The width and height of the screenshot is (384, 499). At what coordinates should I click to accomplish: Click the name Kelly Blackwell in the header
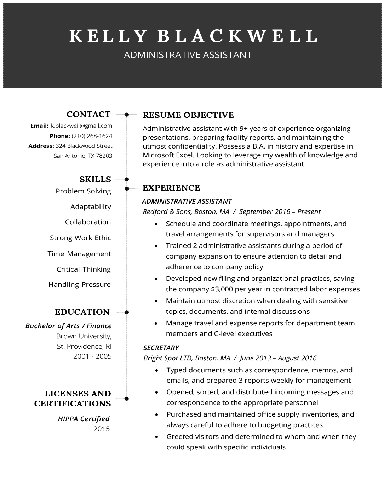coord(193,36)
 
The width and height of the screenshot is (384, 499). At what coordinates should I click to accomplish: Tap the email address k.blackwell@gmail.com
coord(81,126)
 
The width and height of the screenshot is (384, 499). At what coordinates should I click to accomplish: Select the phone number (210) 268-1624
coord(92,136)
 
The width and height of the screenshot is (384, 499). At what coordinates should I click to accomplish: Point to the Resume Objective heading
coord(188,115)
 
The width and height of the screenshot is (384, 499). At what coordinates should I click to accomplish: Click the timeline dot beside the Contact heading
coord(127,114)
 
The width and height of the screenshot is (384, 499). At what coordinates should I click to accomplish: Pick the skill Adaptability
coord(91,207)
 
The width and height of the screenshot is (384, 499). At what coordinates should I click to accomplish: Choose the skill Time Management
coord(79,254)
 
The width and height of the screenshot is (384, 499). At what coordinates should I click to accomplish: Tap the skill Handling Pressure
coord(80,284)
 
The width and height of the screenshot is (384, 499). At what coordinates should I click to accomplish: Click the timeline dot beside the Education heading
coord(127,312)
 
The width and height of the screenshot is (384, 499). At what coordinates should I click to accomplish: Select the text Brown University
coord(84,336)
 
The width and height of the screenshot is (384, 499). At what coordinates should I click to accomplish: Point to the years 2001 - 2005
coord(92,356)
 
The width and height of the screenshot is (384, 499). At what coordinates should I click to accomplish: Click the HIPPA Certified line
coord(84,419)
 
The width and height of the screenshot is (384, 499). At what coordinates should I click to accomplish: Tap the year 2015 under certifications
coord(102,429)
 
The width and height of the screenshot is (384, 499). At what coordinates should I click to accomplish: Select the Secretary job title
coord(161,348)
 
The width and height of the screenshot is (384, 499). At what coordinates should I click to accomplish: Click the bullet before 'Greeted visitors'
coord(157,437)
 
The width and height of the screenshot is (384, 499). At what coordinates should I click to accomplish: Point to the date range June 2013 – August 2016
coord(278,358)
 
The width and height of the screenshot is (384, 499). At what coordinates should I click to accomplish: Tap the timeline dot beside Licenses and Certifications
coord(127,399)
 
